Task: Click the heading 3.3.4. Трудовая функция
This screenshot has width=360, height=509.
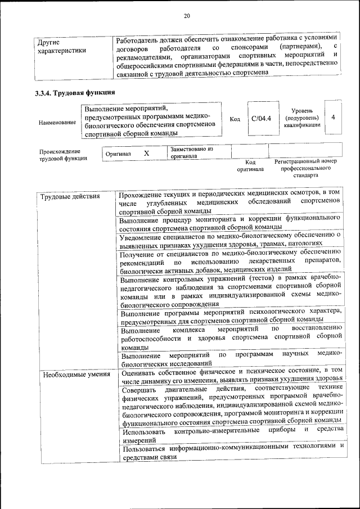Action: pyautogui.click(x=75, y=92)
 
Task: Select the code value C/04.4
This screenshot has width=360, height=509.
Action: pyautogui.click(x=261, y=119)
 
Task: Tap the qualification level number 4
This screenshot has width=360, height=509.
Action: pyautogui.click(x=334, y=117)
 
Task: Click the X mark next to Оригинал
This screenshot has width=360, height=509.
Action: pyautogui.click(x=146, y=153)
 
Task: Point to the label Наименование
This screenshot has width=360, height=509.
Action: pyautogui.click(x=57, y=122)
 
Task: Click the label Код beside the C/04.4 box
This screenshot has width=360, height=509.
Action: pyautogui.click(x=235, y=119)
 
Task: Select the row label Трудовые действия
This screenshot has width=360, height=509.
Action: pyautogui.click(x=63, y=196)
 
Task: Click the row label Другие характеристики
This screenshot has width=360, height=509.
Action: pyautogui.click(x=61, y=46)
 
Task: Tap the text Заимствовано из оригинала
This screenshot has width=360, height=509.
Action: pyautogui.click(x=192, y=153)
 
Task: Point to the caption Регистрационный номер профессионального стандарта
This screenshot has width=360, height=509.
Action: pyautogui.click(x=305, y=168)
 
